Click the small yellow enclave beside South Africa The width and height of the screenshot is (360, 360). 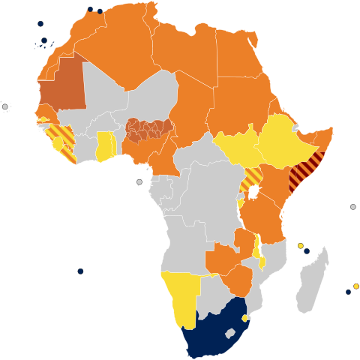click(x=244, y=318)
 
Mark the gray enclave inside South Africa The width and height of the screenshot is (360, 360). click(x=230, y=332)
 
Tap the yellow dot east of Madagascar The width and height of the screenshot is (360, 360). click(x=355, y=286)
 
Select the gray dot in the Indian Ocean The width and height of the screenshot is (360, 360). click(x=352, y=207)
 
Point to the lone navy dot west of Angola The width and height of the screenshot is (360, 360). click(x=80, y=271)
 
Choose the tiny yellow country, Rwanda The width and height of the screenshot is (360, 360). click(x=241, y=202)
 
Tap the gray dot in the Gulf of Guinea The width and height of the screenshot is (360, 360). click(x=139, y=181)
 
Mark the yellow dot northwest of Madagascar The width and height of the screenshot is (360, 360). click(x=300, y=245)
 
